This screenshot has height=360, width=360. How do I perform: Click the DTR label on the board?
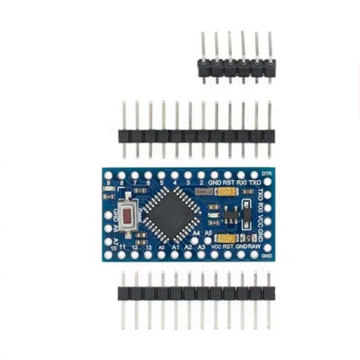point(267,173)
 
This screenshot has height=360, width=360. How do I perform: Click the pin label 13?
point(148,248)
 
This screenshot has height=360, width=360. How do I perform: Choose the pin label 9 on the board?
point(108,183)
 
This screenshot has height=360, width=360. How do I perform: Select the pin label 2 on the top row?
point(201,183)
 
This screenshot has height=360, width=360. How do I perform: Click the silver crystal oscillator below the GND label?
point(204,193)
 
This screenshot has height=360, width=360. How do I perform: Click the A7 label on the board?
point(115,242)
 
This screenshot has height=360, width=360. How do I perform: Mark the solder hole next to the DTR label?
point(267,182)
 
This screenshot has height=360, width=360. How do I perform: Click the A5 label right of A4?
point(208,233)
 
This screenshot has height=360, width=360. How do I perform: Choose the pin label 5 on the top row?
point(161,183)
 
